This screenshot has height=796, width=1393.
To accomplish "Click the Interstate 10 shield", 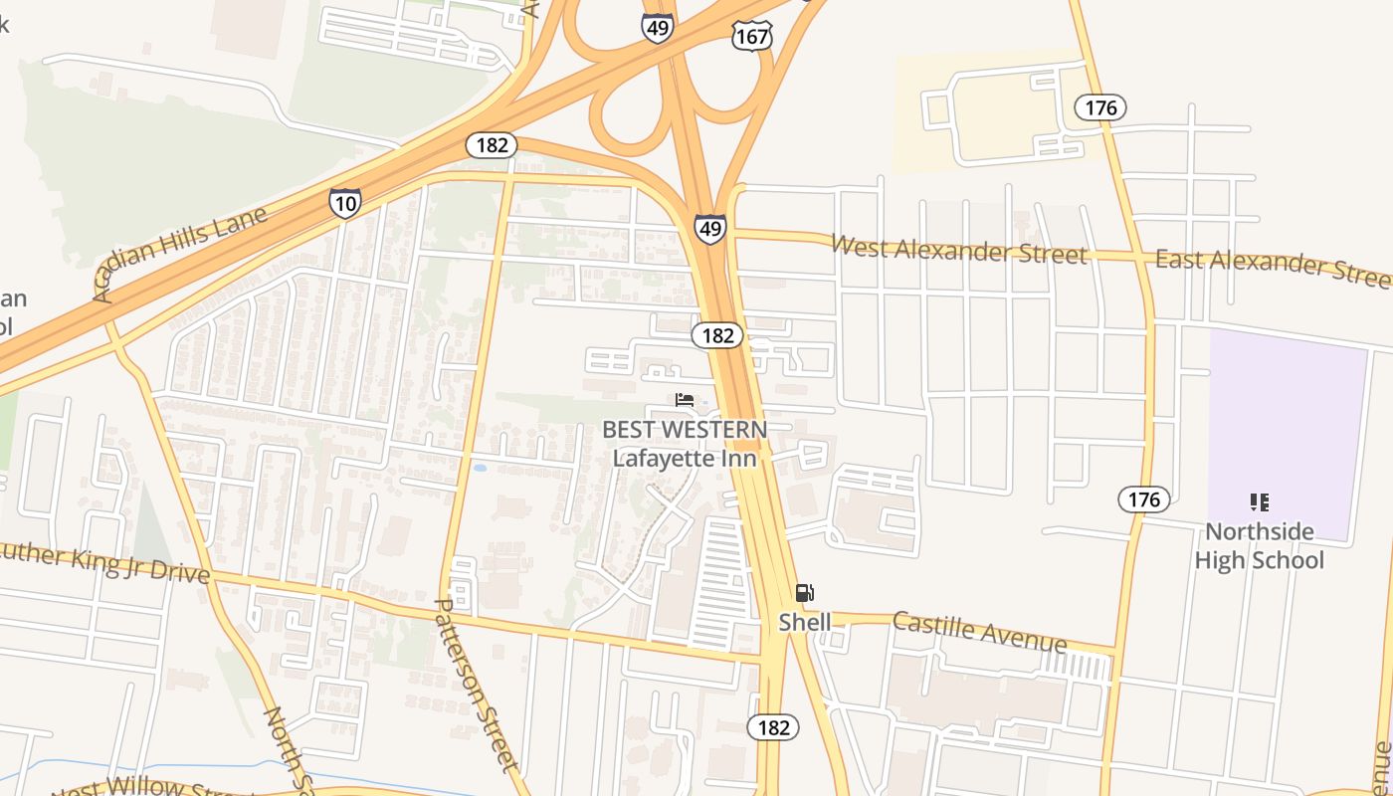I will coord(344,203).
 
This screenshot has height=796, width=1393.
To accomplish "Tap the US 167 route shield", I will coord(751,37).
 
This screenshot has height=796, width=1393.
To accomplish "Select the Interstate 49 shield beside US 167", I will coord(657,27).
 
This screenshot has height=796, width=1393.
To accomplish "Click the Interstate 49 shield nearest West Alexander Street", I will coord(709,229).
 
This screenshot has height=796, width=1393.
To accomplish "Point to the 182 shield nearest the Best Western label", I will coord(717,335).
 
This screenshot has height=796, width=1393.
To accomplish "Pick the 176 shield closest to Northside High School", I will coord(1143,499).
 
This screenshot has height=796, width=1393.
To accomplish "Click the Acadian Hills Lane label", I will coord(180,255).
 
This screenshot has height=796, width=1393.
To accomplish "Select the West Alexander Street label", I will coord(958,250).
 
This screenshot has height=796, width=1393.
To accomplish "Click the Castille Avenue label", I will coord(979,631).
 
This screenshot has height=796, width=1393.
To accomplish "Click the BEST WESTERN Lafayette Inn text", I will coord(685,444).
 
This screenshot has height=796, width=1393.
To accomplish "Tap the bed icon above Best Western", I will coord(685,400).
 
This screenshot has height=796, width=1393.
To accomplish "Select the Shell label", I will coord(804,622).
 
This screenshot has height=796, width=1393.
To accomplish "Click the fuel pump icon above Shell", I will coord(804,594).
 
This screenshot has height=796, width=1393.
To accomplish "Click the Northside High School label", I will coord(1259,545).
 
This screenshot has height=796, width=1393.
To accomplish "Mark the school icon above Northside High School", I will coord(1259,502).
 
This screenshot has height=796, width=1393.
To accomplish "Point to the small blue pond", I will coord(481,467).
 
